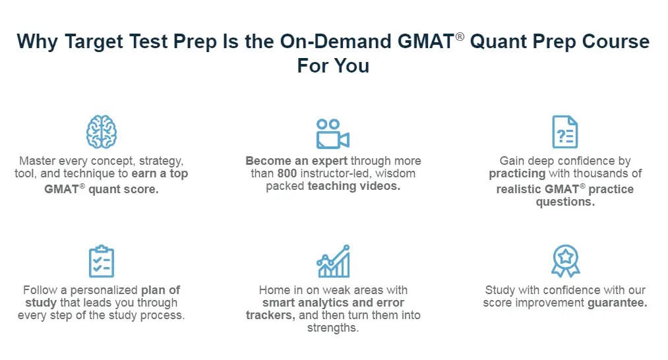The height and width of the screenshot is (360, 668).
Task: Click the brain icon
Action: [x=101, y=132]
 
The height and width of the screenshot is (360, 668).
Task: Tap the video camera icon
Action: [x=332, y=134]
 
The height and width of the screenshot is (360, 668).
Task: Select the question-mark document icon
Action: [x=564, y=132]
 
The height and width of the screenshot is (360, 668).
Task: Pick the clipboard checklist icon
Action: [x=101, y=261]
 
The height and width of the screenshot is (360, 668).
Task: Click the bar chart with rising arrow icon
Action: [x=333, y=261]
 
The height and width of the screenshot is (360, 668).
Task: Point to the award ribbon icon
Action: [x=564, y=261]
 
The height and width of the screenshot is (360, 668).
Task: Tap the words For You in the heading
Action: [x=333, y=66]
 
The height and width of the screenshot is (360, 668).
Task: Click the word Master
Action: [x=37, y=161]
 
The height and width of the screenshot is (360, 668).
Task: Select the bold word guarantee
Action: [x=617, y=303]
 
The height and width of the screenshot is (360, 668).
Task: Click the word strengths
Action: [x=332, y=328]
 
